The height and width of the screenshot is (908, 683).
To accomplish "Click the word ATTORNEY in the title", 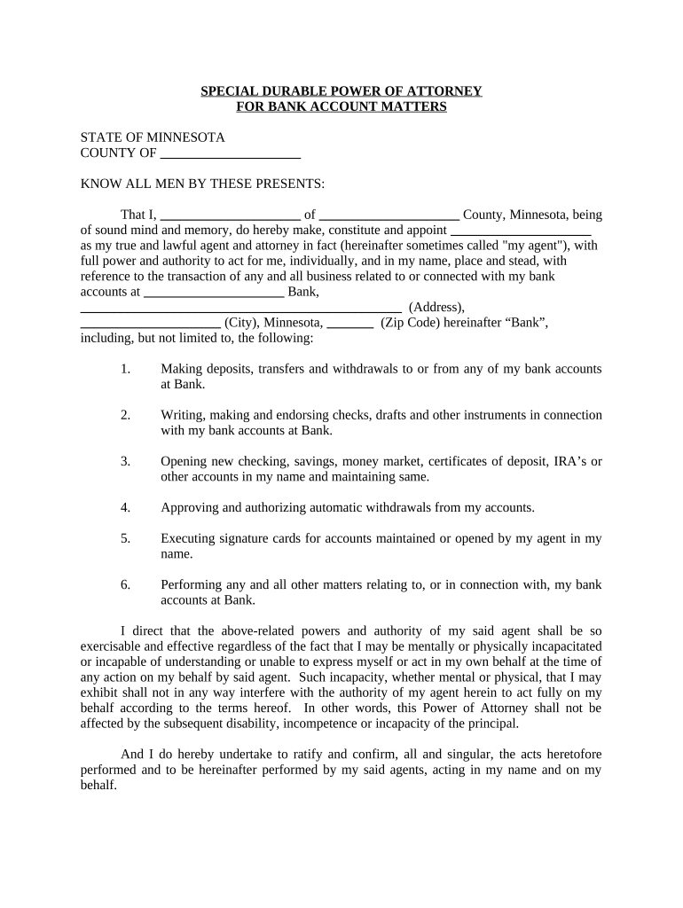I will point(440,91).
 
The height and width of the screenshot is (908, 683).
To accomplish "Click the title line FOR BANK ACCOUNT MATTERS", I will point(341,107).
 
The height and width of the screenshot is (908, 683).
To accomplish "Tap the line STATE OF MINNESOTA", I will point(153,138).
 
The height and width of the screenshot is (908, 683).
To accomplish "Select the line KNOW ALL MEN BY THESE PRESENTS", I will point(203,184).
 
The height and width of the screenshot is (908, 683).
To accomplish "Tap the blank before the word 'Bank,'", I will point(214,292).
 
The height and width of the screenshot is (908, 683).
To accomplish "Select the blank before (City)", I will point(150,324).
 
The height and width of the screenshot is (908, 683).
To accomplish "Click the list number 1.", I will point(126,369).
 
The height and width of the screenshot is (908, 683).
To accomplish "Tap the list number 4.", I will point(126,508).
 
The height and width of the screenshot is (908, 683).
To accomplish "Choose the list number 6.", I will point(126,585).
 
